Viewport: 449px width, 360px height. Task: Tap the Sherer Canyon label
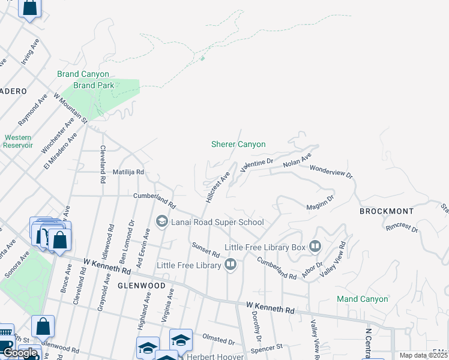pos(238,144)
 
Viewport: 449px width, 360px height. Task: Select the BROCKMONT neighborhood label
pos(387,211)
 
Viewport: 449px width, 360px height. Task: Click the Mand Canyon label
pos(363,299)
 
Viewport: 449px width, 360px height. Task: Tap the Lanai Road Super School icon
pos(161,222)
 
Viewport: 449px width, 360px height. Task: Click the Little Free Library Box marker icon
pos(315,246)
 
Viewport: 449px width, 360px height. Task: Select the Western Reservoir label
pos(17,141)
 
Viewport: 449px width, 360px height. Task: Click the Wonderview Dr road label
pos(331,170)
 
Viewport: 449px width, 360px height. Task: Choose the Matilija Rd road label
pos(128,172)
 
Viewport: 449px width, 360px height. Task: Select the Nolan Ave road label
pos(297,160)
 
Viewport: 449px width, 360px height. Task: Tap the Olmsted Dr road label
pos(218,339)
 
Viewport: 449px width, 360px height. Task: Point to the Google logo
pos(20,353)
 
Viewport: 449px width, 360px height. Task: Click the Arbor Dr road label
pos(312,268)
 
